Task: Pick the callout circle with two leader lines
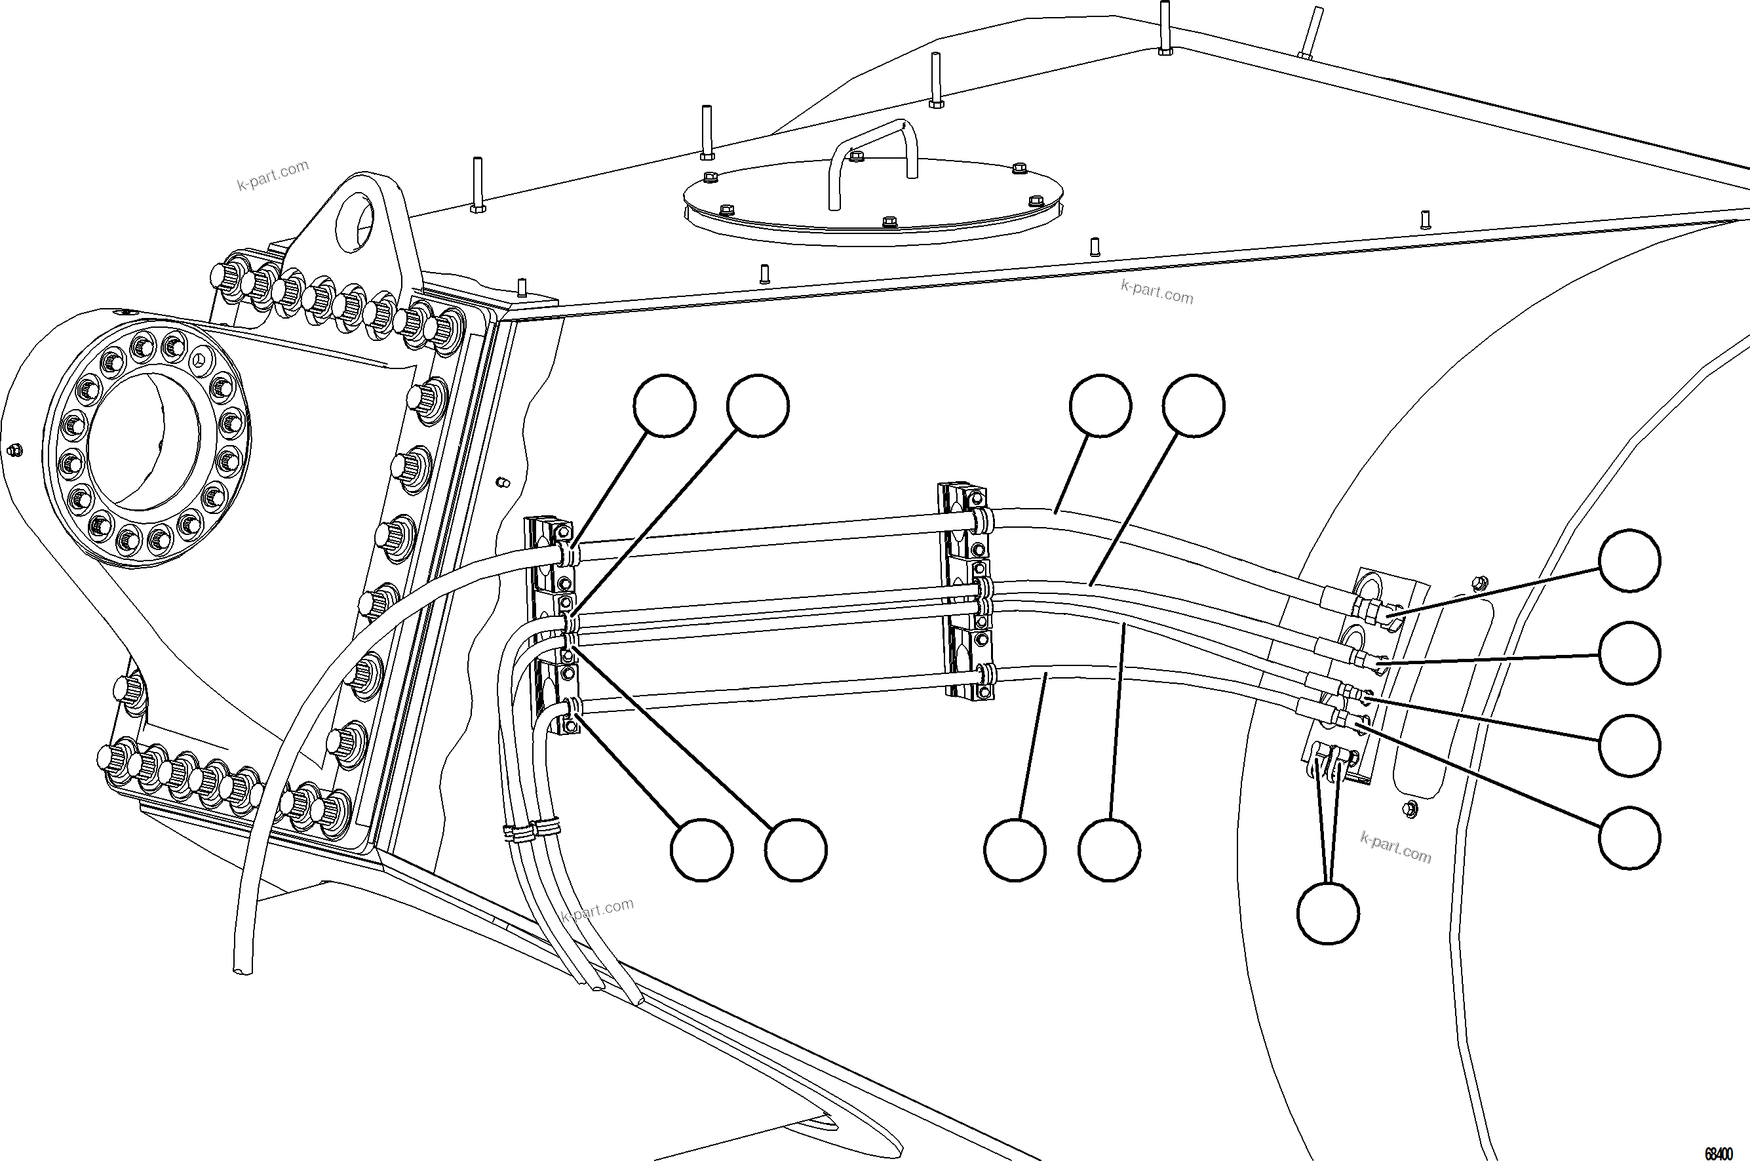(x=1328, y=913)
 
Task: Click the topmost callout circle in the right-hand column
(x=1629, y=561)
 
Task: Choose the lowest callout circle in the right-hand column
(x=1629, y=837)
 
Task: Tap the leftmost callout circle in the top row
(x=665, y=405)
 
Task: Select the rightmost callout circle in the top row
(x=1193, y=405)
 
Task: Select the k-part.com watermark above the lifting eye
(x=272, y=176)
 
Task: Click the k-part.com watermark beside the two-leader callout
(x=1395, y=847)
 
